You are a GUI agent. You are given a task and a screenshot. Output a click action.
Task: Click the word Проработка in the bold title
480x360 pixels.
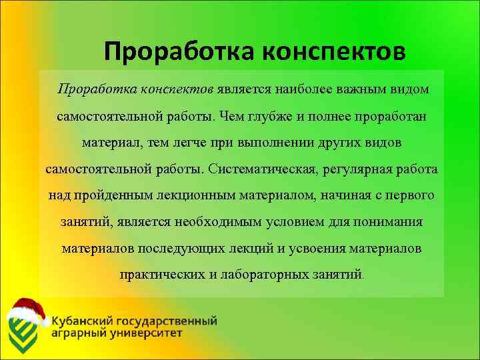[x=179, y=52]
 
